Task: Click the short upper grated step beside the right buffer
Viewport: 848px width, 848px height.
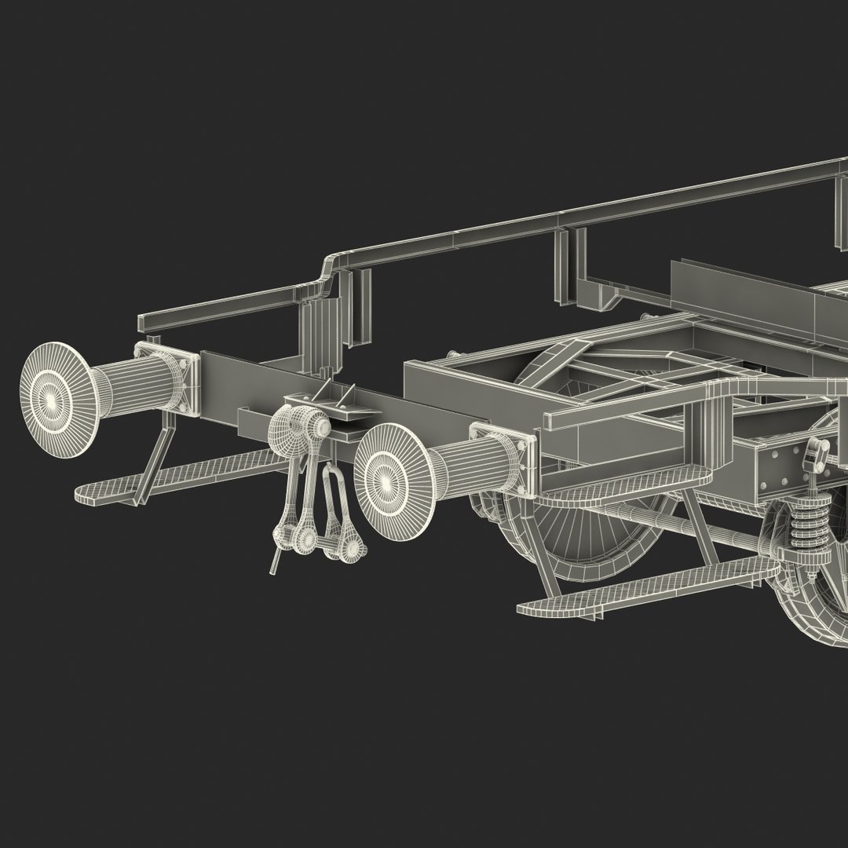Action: tap(620, 483)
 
